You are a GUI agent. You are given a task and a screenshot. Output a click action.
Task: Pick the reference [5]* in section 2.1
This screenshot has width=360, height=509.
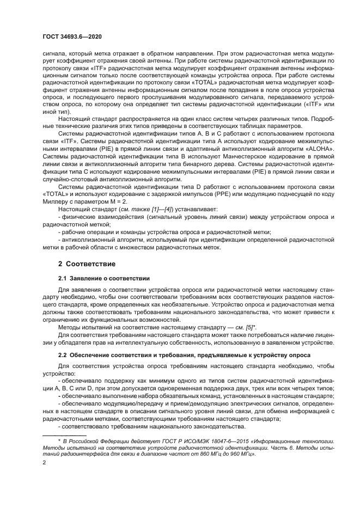point(249,327)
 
